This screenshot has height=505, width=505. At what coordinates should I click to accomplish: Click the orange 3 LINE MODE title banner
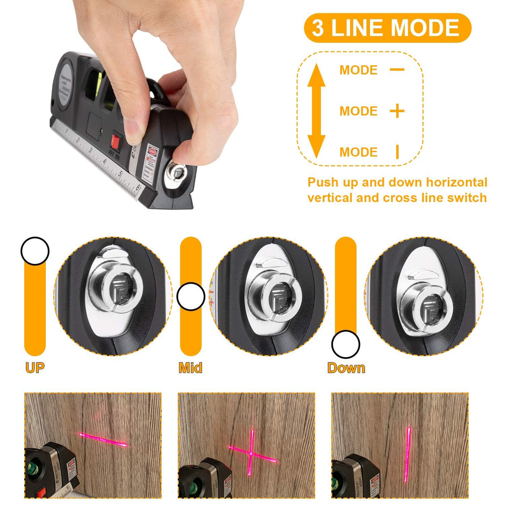[x=387, y=28]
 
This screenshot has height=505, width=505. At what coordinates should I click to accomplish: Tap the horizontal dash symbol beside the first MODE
[x=397, y=69]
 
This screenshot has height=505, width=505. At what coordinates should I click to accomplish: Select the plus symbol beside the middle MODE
[x=397, y=111]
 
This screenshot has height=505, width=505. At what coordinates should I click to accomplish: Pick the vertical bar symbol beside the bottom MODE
[x=397, y=152]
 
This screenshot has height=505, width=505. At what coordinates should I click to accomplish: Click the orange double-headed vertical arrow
[x=316, y=111]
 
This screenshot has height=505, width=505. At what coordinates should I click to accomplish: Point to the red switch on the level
[x=116, y=142]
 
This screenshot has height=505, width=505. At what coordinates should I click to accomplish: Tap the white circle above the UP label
[x=35, y=251]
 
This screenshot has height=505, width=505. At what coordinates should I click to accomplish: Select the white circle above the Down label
[x=346, y=345]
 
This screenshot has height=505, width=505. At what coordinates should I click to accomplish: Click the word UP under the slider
[x=35, y=368]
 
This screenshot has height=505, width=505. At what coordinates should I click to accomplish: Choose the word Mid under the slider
[x=190, y=368]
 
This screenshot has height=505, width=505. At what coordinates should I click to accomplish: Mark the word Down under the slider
[x=346, y=368]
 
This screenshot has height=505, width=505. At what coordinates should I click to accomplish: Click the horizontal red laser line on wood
[x=103, y=439]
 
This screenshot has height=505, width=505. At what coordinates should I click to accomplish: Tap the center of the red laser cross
[x=251, y=453]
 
